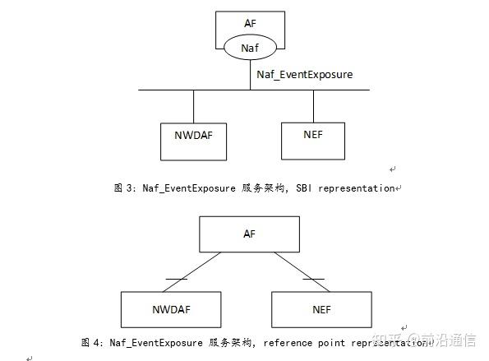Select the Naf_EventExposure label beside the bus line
tap(304, 75)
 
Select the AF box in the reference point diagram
tap(250, 234)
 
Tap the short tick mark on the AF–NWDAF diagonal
tap(176, 279)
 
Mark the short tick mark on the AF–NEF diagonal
tap(312, 279)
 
